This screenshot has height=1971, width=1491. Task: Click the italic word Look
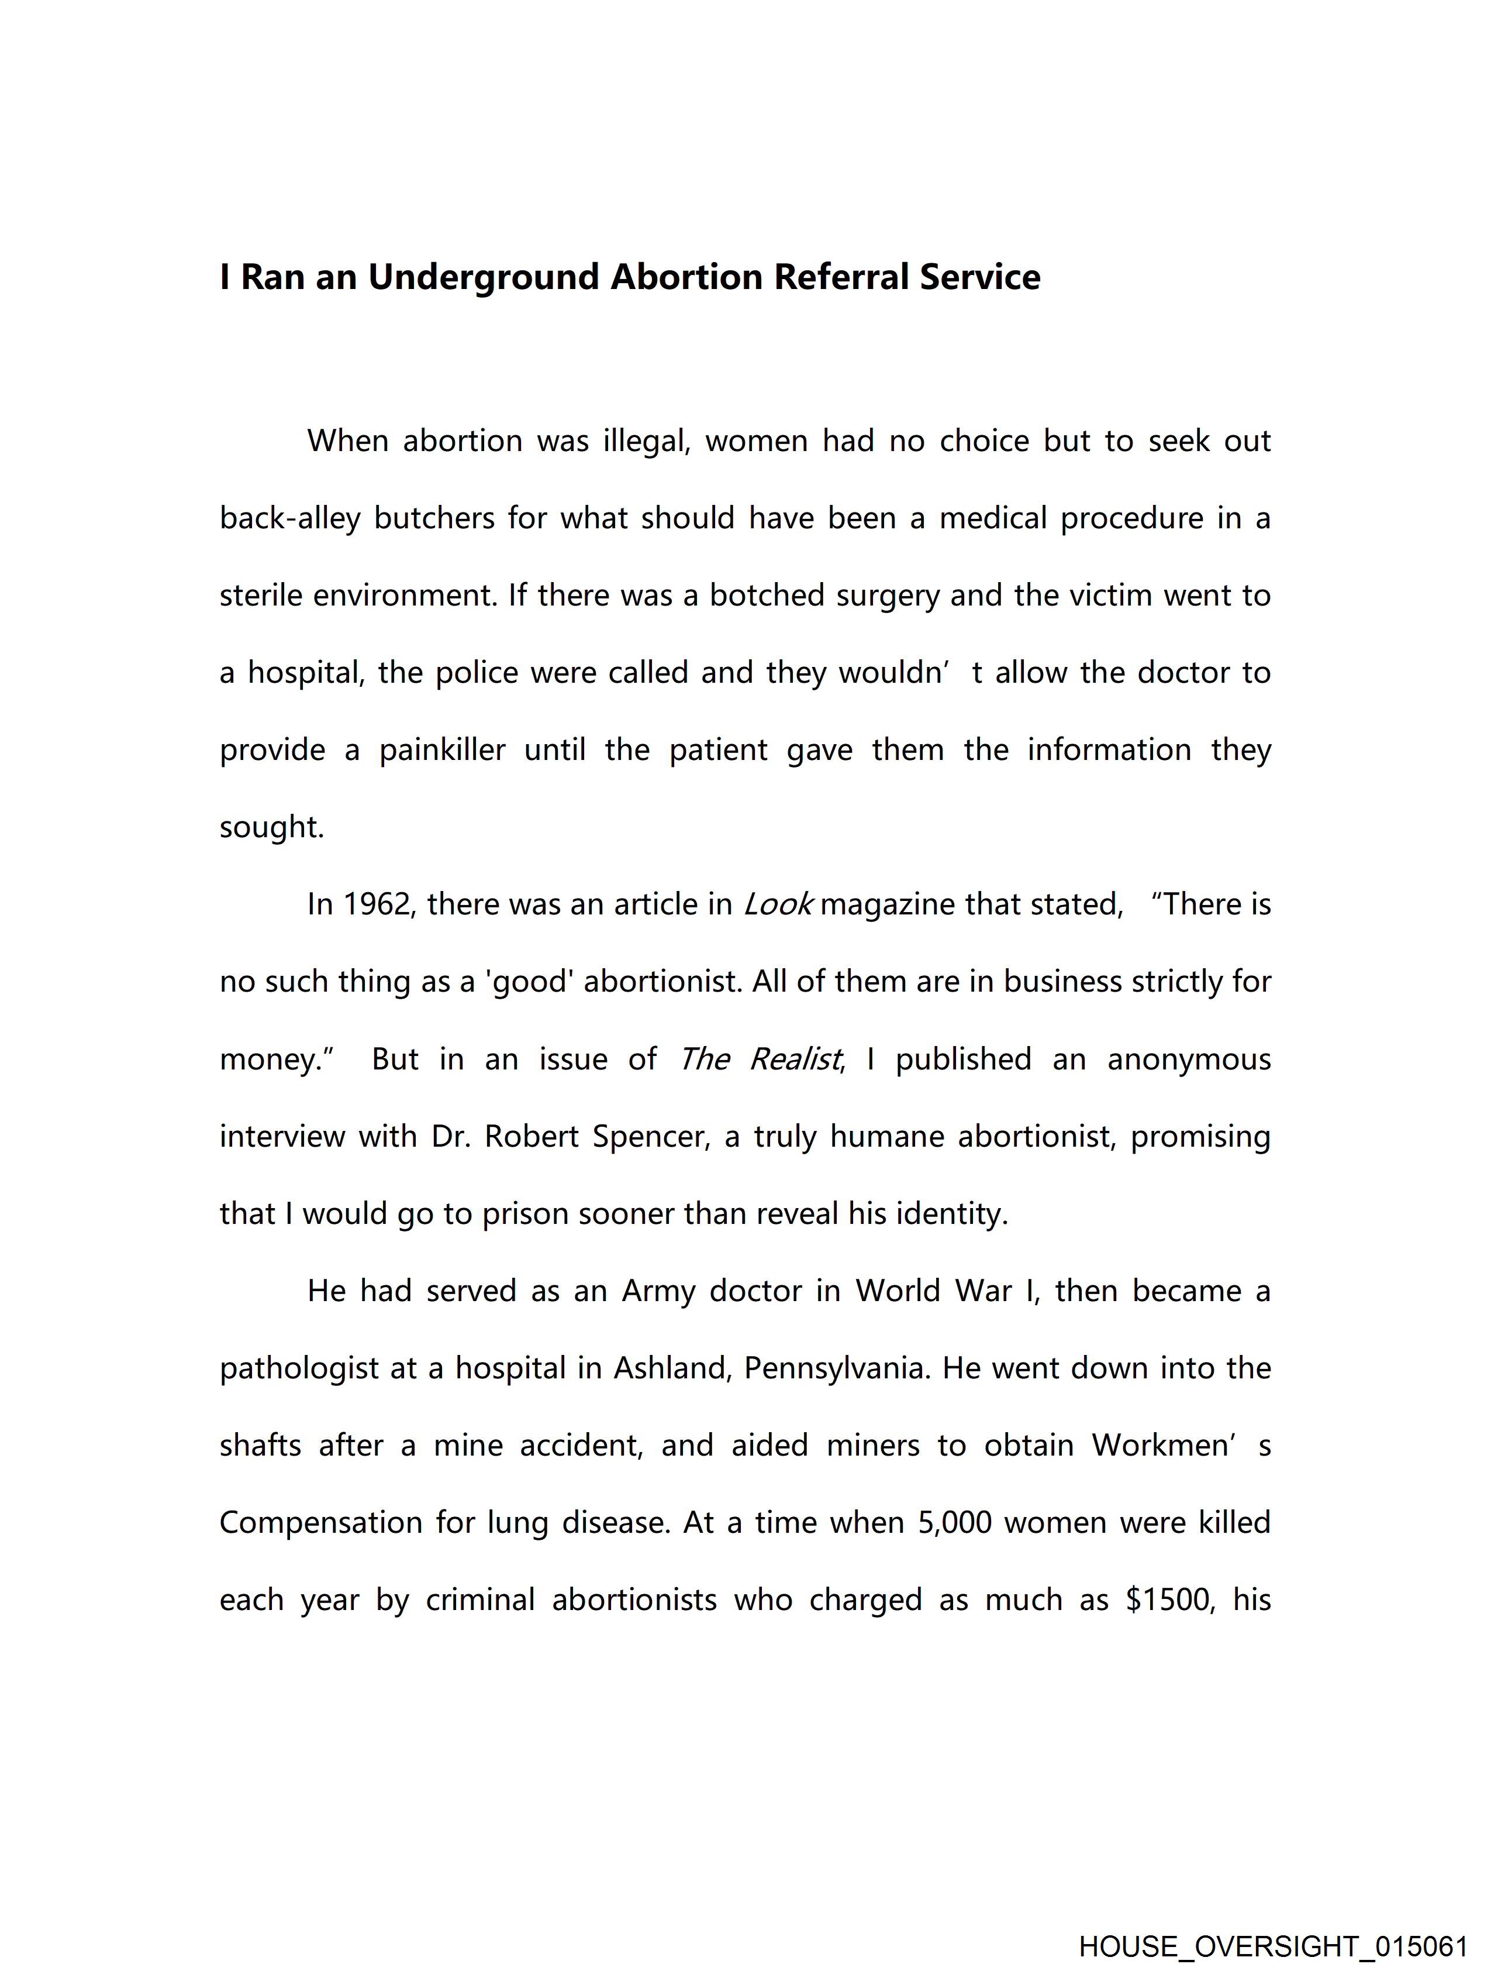778,904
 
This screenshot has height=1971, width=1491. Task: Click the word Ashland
672,1368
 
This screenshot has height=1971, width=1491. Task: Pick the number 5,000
954,1523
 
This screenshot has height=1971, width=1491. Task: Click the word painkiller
442,750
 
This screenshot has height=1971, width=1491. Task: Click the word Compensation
320,1523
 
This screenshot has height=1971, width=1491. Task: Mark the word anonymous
1188,1060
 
